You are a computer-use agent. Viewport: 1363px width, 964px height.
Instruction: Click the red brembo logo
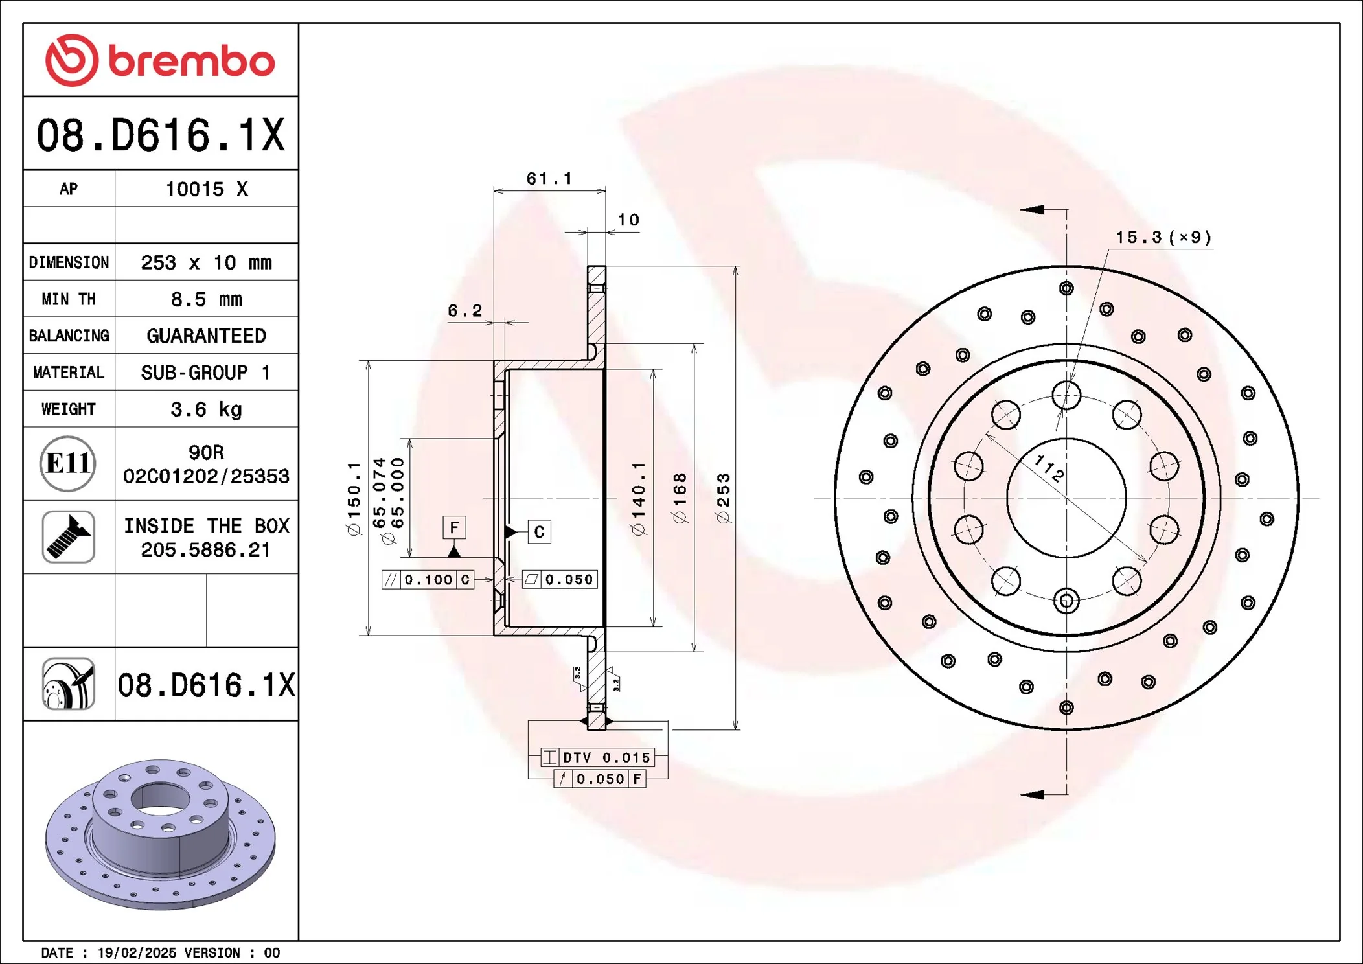pos(160,60)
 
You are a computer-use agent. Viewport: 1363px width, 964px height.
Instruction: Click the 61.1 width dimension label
pos(549,178)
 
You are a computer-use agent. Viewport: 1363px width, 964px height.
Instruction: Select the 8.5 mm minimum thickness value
pos(206,299)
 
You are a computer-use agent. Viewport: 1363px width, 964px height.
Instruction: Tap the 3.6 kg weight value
pos(206,409)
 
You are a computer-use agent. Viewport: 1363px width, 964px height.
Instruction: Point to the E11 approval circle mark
pos(68,463)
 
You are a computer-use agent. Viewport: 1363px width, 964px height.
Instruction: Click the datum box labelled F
pos(454,527)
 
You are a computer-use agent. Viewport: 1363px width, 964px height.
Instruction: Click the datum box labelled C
pos(539,532)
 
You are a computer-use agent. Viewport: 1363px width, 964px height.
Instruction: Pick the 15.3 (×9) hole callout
pos(1163,237)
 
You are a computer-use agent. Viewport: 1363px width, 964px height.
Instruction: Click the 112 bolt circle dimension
pos(1049,468)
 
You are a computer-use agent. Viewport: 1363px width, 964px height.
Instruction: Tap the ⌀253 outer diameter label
pos(724,498)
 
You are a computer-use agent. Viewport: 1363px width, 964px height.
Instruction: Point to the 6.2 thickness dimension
pos(464,310)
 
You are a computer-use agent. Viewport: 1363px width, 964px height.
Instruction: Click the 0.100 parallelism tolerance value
pos(428,579)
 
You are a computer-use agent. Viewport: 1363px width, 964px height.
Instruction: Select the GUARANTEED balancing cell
pos(206,336)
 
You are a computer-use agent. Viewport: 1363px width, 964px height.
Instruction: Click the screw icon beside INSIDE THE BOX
pos(69,536)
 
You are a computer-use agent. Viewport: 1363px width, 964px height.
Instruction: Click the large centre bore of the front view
pos(1066,498)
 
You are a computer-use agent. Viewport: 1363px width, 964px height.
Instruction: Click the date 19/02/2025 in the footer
pos(136,952)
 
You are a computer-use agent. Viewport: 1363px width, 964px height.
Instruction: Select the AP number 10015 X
pos(206,189)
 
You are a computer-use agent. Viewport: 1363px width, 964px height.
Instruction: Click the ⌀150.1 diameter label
pos(354,498)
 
